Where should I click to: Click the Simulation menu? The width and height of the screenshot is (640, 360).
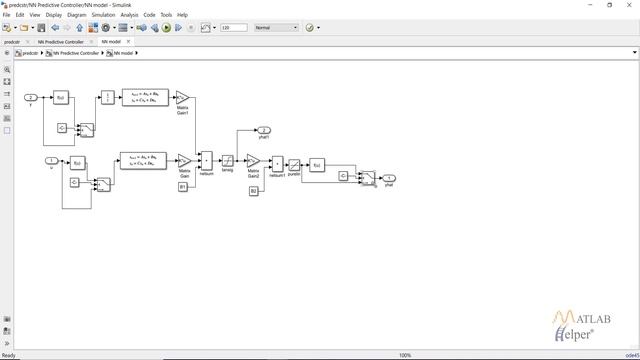point(103,15)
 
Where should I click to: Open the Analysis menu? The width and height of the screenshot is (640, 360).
point(129,15)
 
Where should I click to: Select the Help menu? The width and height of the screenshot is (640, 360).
point(182,15)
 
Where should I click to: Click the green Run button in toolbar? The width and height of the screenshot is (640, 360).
point(167,28)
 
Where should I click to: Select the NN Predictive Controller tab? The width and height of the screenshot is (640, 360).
point(61,42)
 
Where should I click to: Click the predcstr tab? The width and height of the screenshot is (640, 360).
point(12,42)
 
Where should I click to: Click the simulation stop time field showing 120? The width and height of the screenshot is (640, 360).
point(233,28)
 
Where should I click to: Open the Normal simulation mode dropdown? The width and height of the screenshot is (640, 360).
point(276,28)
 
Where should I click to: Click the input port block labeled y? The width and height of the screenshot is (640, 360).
point(31,98)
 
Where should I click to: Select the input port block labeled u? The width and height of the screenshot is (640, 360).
point(52,160)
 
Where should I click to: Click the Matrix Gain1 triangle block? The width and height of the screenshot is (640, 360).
point(183,98)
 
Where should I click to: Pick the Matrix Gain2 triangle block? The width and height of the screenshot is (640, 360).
point(253,161)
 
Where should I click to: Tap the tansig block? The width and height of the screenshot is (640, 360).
point(228,161)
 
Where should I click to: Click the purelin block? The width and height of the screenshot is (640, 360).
point(294,164)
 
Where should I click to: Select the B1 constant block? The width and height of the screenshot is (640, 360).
point(183,186)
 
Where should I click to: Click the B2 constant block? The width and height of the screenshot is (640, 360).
point(253,190)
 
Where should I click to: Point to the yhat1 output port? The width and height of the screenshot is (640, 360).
point(264,130)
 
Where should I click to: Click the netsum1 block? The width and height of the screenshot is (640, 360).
point(277,164)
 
